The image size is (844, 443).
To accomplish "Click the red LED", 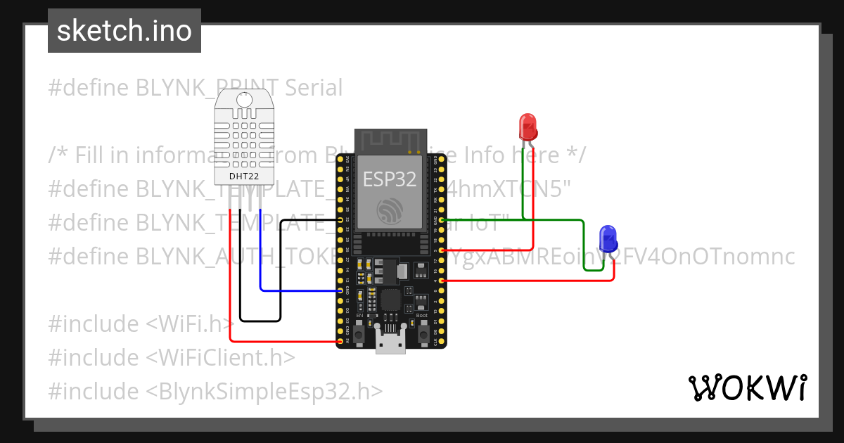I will point(528,126).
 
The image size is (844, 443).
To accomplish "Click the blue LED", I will point(608,238).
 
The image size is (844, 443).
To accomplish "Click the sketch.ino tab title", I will point(124,31).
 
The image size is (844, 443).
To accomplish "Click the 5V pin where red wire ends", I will point(340,342).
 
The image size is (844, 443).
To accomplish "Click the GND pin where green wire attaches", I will point(442,220).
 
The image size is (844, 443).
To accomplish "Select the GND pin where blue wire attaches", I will point(340,290).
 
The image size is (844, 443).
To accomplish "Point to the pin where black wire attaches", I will point(340,220).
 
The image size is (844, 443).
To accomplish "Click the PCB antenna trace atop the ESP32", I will point(391,141).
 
